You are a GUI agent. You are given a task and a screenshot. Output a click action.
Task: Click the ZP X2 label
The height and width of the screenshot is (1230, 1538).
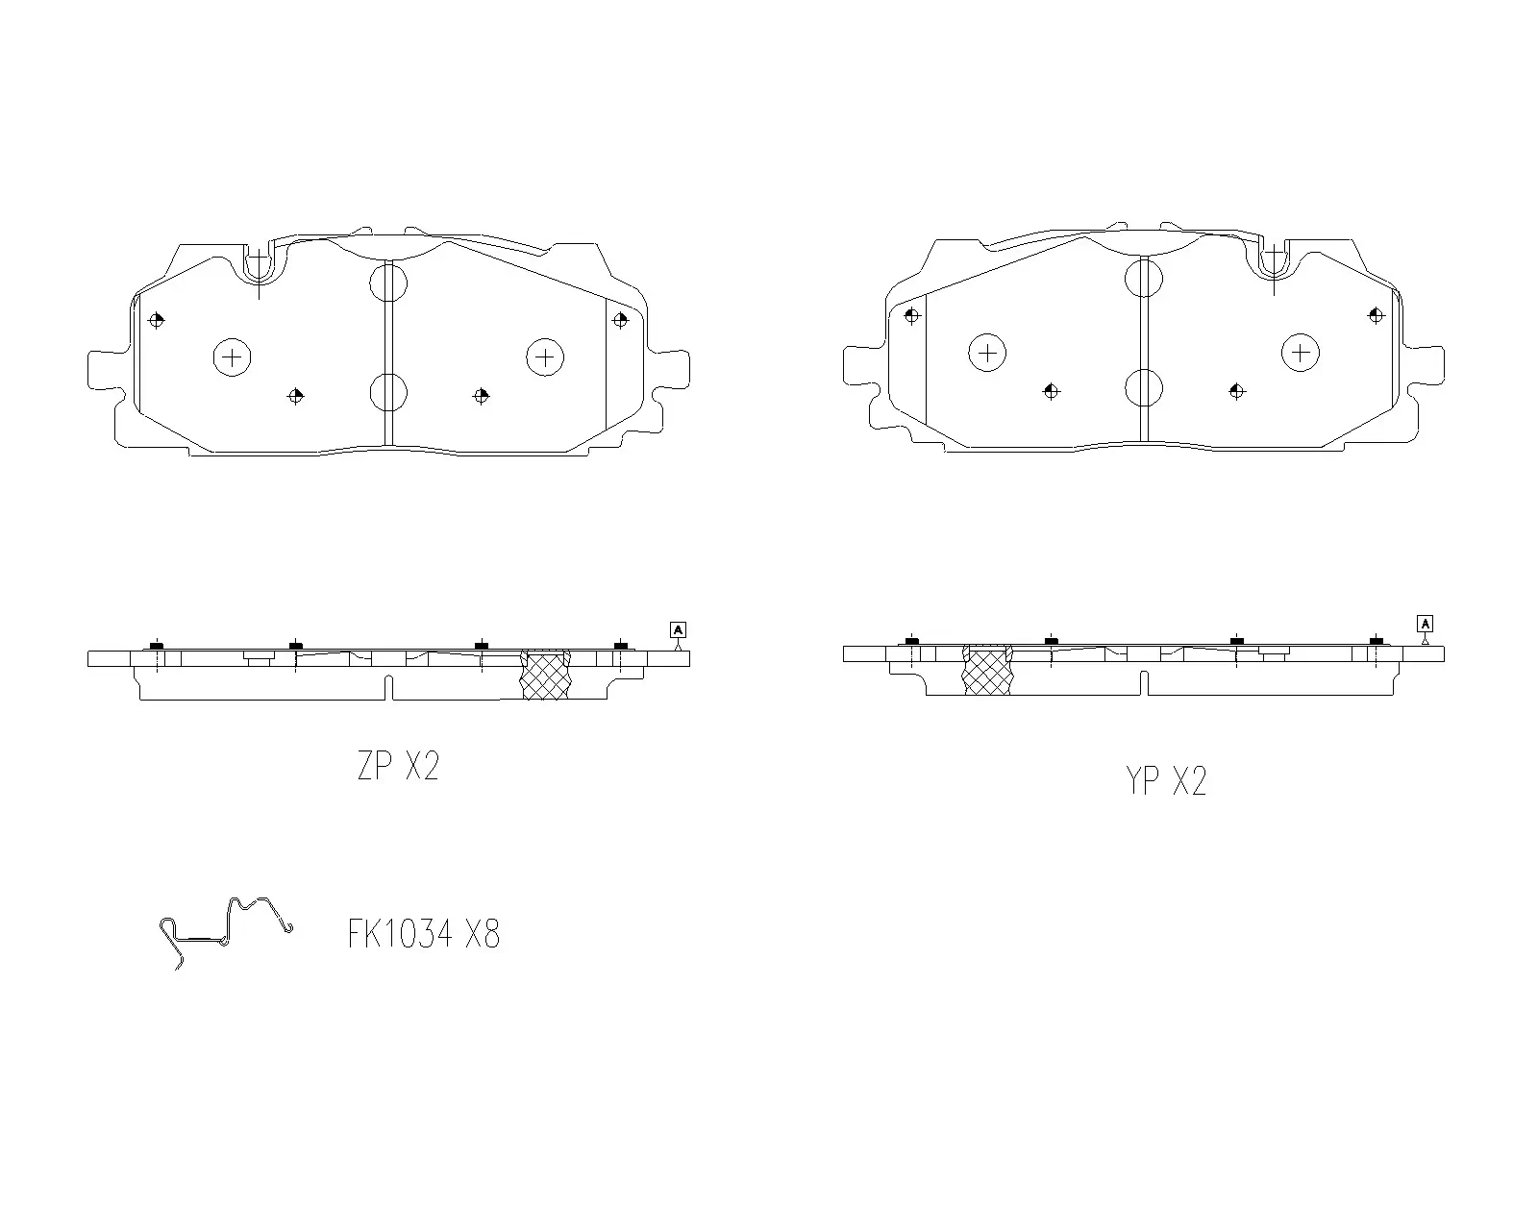(x=398, y=767)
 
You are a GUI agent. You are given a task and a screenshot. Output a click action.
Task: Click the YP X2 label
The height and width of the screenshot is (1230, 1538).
(x=1165, y=781)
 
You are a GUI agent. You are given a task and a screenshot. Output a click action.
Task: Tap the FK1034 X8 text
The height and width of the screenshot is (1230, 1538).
(x=424, y=933)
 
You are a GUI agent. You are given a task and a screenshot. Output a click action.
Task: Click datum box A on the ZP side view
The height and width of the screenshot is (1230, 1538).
(x=678, y=630)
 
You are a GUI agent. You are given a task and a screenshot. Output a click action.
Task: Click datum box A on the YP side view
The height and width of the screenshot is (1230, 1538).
(x=1425, y=624)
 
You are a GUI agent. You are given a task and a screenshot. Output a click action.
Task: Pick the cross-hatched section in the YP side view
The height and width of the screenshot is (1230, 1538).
(x=987, y=670)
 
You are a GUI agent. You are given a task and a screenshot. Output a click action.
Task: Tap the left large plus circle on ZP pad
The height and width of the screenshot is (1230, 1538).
(x=232, y=357)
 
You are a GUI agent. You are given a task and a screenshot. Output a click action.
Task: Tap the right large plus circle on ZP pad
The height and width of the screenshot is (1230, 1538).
(x=545, y=357)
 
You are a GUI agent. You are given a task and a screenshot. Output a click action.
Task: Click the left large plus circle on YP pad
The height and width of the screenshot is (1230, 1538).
(x=987, y=353)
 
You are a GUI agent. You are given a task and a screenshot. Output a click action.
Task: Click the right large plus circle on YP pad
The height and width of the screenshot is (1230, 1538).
(x=1301, y=353)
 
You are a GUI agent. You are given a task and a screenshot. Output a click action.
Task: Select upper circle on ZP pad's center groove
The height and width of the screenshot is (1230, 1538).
(x=388, y=283)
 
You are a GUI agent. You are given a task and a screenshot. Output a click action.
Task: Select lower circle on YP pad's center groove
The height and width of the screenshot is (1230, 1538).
(x=1144, y=388)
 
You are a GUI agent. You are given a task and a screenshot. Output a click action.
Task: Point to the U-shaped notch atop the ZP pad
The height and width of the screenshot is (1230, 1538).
(x=260, y=262)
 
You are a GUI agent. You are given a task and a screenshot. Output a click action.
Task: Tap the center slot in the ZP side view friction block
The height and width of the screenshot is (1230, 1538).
(x=389, y=687)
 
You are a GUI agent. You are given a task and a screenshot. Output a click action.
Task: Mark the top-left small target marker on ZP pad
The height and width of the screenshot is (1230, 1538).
(x=157, y=320)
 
